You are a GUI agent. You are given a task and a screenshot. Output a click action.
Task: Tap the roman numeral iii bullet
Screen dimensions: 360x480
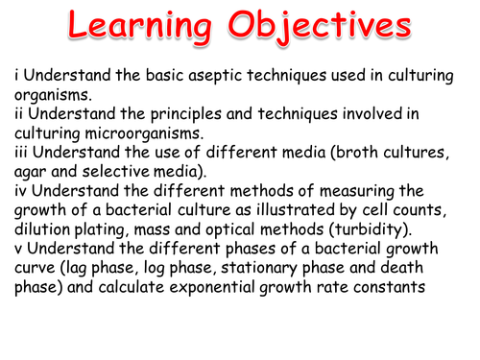coord(21,153)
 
